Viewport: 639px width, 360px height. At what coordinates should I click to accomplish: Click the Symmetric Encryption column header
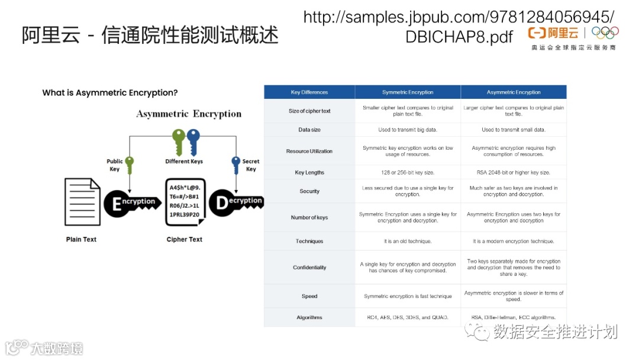click(x=408, y=92)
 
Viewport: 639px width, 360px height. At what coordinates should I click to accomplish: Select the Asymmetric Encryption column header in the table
click(x=514, y=92)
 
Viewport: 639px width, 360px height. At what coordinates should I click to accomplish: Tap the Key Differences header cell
click(x=309, y=92)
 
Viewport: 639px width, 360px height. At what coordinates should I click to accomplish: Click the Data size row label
click(x=309, y=130)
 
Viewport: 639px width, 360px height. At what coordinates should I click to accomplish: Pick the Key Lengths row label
click(x=309, y=172)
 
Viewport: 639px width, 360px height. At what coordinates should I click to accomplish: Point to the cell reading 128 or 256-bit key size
click(x=408, y=172)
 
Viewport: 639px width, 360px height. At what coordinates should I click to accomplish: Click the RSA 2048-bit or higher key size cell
click(x=514, y=172)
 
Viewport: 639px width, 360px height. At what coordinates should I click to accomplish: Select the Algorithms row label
click(x=309, y=317)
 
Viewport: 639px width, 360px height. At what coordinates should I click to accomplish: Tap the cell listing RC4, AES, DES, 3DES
click(x=408, y=317)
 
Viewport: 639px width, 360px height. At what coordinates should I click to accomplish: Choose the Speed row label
click(x=309, y=296)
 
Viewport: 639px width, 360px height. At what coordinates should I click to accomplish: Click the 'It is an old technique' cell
click(x=408, y=241)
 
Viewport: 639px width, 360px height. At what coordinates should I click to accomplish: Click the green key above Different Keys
click(x=178, y=142)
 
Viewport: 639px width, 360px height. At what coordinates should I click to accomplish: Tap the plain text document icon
click(x=82, y=202)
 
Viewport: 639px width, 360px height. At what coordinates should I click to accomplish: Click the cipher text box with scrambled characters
click(x=185, y=202)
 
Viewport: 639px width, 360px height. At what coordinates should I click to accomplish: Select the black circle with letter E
click(x=117, y=203)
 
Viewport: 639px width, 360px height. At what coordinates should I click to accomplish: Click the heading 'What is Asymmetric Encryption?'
click(x=110, y=93)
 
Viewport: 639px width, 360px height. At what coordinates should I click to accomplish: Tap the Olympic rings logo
click(x=605, y=33)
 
